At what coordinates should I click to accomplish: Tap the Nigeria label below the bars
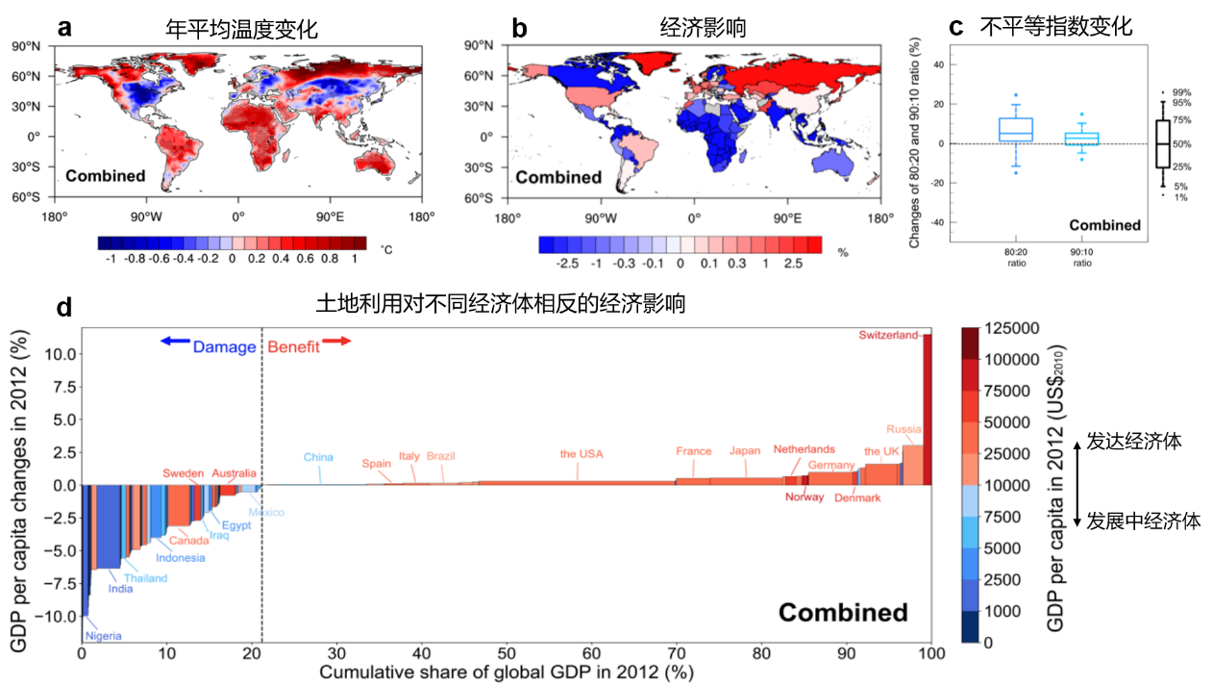(103, 635)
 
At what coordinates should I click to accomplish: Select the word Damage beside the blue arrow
(224, 346)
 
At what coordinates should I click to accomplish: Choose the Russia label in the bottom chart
(904, 430)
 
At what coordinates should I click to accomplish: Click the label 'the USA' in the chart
(582, 454)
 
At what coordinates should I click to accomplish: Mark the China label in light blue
(318, 457)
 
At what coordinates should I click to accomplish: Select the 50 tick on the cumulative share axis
(507, 653)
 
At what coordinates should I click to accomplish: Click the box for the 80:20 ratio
(1016, 129)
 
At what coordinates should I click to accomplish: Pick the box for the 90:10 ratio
(1081, 139)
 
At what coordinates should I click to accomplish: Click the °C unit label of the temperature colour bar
(386, 250)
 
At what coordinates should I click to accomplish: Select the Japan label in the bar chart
(744, 450)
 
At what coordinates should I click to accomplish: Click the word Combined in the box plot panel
(1104, 225)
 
